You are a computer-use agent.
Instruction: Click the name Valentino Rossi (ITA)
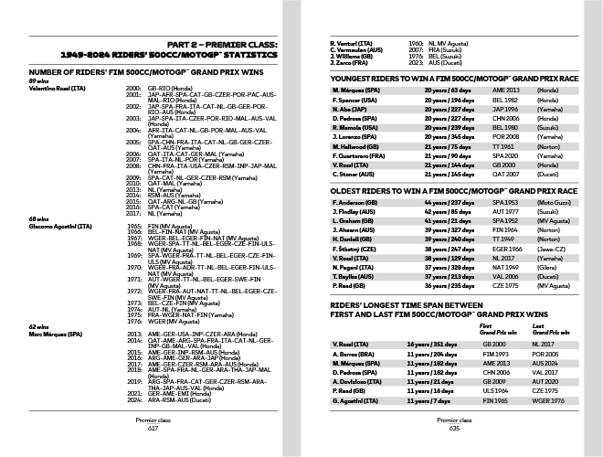point(58,88)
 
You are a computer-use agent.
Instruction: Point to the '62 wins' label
point(38,326)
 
